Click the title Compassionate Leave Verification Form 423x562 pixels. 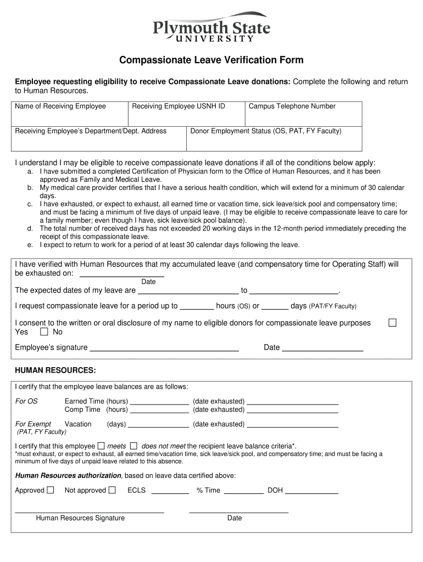pos(211,60)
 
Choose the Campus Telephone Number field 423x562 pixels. pos(303,114)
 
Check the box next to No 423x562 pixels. pos(44,332)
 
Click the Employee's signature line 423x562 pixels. pos(164,347)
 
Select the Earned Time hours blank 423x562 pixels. pos(159,401)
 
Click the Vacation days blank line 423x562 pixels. pos(158,424)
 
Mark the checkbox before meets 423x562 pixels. pos(101,446)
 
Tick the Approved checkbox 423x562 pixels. pos(51,490)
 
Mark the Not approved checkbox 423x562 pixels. pos(112,490)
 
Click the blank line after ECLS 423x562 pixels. pos(170,491)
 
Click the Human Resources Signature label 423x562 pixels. pos(80,518)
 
